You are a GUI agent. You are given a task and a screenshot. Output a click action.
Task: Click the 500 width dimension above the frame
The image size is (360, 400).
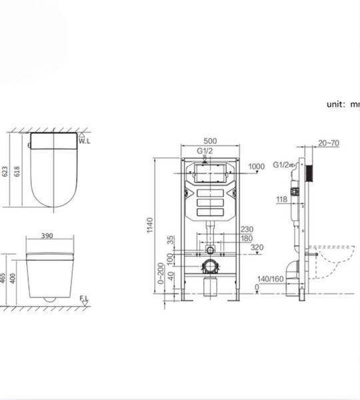tap(209, 141)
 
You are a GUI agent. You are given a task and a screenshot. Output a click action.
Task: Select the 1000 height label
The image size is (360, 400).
tap(256, 167)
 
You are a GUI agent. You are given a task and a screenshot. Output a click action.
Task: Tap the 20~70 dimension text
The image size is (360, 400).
tap(329, 143)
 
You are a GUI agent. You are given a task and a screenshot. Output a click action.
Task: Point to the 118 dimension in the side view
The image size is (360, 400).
tap(281, 199)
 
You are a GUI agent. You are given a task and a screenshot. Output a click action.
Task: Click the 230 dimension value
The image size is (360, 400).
tap(247, 229)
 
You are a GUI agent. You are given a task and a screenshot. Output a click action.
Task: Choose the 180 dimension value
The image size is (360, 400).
tap(247, 238)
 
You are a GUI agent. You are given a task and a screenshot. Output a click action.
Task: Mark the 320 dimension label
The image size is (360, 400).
tap(257, 247)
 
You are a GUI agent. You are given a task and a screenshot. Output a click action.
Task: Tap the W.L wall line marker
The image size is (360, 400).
tap(83, 140)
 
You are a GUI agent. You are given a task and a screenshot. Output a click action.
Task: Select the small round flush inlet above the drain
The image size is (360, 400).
tap(211, 251)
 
